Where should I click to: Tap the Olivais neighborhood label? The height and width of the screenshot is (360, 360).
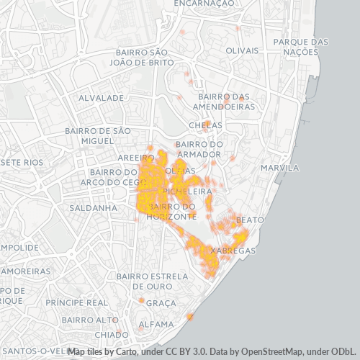pyautogui.click(x=241, y=51)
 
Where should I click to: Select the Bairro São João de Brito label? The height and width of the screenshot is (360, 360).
pyautogui.click(x=145, y=58)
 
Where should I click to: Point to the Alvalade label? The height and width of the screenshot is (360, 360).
pyautogui.click(x=102, y=96)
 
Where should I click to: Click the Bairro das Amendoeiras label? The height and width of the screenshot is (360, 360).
pyautogui.click(x=226, y=102)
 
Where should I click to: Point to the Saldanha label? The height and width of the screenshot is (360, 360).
pyautogui.click(x=93, y=208)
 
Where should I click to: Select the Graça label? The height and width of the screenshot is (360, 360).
pyautogui.click(x=161, y=303)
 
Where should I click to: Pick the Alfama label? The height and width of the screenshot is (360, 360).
pyautogui.click(x=156, y=324)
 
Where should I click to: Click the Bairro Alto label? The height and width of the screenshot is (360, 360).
pyautogui.click(x=89, y=320)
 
